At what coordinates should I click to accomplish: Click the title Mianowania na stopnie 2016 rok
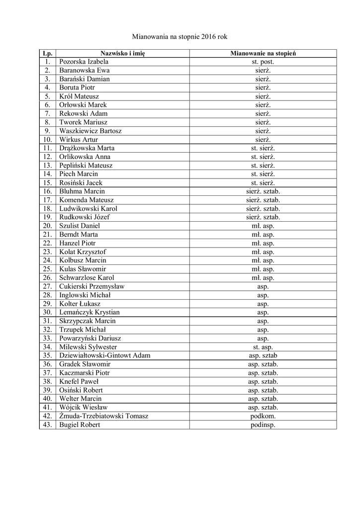180,37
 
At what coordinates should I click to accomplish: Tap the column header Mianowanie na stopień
263,53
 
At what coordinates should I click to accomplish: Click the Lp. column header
47,53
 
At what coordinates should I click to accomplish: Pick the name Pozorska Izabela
84,62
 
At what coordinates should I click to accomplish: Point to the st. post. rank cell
263,62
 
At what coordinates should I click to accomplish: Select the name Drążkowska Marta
87,148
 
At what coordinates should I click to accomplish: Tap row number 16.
47,191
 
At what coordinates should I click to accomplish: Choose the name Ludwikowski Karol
88,209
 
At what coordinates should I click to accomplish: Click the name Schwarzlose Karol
87,278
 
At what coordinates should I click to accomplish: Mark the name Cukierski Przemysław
91,286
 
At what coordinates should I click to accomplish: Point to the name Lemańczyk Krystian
89,312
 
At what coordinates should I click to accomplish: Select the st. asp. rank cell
263,347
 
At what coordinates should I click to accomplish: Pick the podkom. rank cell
263,416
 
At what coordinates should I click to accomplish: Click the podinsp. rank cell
263,424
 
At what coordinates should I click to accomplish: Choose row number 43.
47,424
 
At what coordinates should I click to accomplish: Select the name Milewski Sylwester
88,347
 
